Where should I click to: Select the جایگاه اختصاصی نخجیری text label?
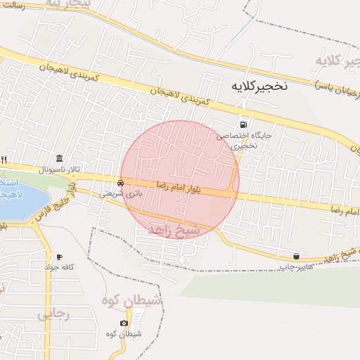coord(252,140)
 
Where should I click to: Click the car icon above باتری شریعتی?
coord(121,183)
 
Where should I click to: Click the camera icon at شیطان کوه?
coord(124,323)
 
